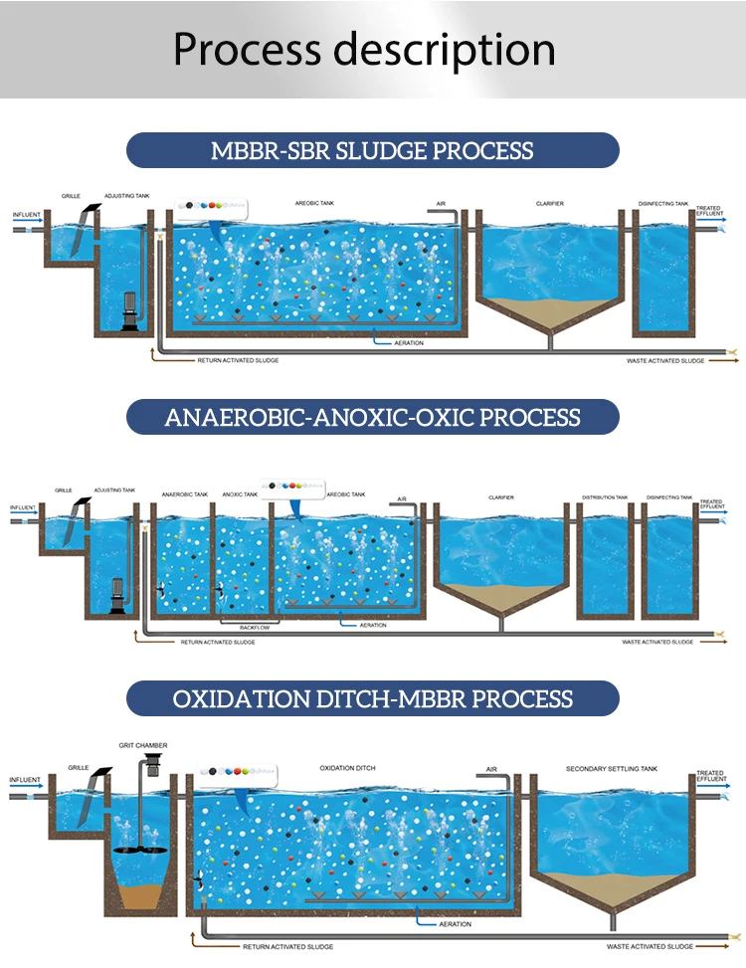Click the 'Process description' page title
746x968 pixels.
[364, 49]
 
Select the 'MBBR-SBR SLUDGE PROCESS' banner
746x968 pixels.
[372, 150]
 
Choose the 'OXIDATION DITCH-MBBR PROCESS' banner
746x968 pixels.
[372, 697]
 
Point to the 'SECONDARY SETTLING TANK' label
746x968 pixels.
[612, 769]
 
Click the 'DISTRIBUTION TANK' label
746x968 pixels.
[605, 497]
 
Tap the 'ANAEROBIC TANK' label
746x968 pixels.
[185, 493]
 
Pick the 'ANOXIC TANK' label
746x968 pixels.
[240, 493]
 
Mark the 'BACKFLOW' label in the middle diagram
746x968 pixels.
[255, 628]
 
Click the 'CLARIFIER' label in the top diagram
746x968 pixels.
[549, 204]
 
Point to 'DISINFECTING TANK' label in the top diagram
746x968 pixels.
[663, 204]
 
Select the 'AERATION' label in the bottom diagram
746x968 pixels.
[455, 924]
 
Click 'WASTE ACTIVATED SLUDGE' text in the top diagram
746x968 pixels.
[665, 360]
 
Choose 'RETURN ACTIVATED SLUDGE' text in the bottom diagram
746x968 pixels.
[287, 946]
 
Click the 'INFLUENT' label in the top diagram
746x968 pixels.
[28, 215]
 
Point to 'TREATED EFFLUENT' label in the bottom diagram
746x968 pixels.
[709, 776]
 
